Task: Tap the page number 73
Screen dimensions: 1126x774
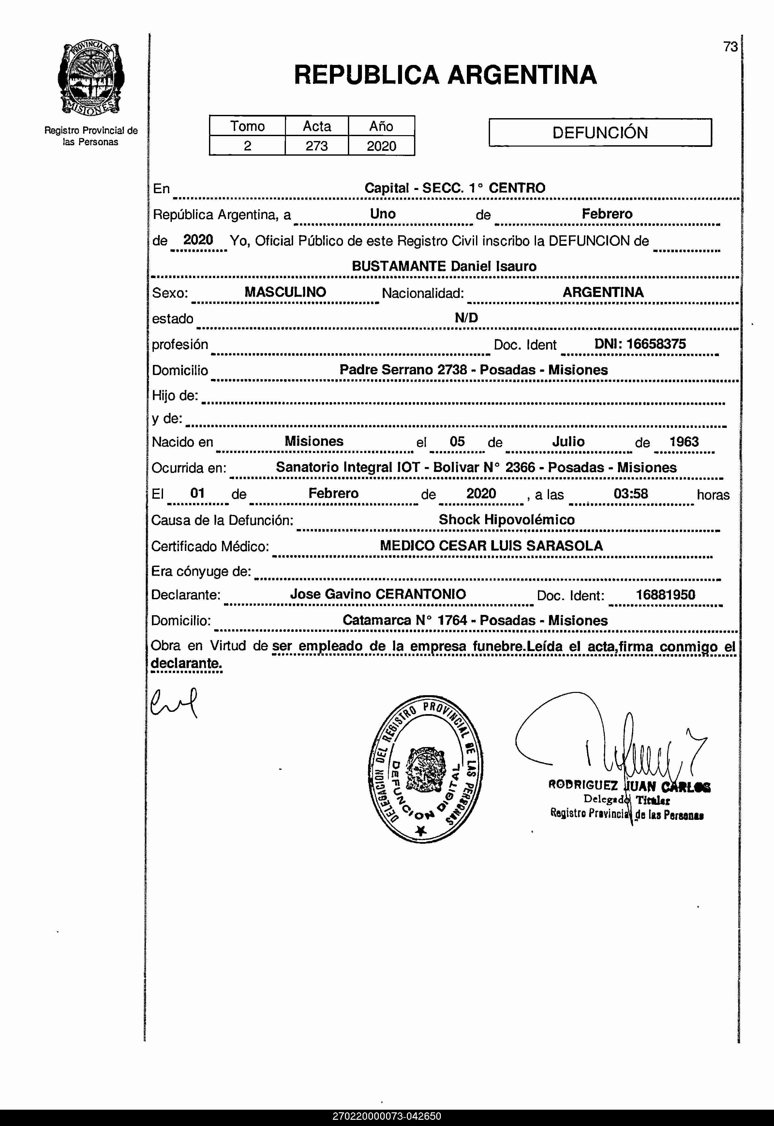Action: [730, 47]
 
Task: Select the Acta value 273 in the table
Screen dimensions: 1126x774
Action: [316, 146]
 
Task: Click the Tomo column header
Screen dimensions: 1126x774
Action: [247, 126]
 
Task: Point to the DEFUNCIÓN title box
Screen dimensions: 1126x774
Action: [600, 133]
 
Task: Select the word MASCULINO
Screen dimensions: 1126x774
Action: [285, 292]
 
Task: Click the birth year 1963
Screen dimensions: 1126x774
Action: [684, 442]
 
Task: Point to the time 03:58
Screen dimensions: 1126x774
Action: [631, 493]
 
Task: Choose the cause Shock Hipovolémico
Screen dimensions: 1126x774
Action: [506, 520]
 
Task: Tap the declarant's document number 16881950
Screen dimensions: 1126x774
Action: [665, 595]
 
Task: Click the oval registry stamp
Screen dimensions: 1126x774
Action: [425, 771]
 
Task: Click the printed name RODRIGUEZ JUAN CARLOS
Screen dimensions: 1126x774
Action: [629, 785]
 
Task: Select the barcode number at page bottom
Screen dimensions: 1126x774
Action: [387, 1116]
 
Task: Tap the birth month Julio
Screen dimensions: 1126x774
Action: [568, 442]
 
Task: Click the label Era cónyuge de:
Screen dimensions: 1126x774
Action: [201, 571]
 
